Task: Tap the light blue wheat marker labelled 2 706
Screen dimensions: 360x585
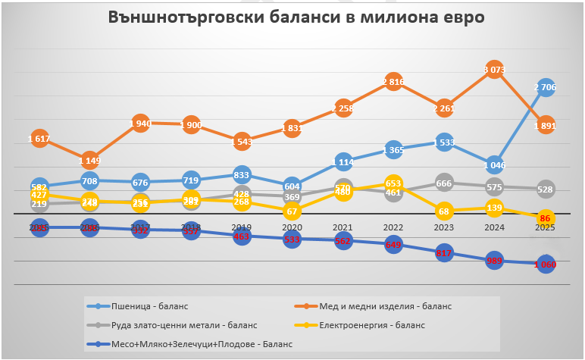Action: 546,88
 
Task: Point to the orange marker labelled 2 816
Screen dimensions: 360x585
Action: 393,82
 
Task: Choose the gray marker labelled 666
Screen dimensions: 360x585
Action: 444,183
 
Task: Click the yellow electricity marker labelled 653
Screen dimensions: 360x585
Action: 393,183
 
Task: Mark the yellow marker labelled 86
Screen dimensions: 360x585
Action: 546,218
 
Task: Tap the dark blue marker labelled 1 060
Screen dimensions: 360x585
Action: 546,265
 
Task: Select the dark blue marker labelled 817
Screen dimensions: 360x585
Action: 444,253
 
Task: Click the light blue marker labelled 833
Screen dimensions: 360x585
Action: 242,174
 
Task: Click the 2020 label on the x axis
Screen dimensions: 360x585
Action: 292,227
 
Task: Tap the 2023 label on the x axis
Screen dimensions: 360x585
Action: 444,227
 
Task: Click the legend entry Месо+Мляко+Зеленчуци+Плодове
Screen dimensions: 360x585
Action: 192,344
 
